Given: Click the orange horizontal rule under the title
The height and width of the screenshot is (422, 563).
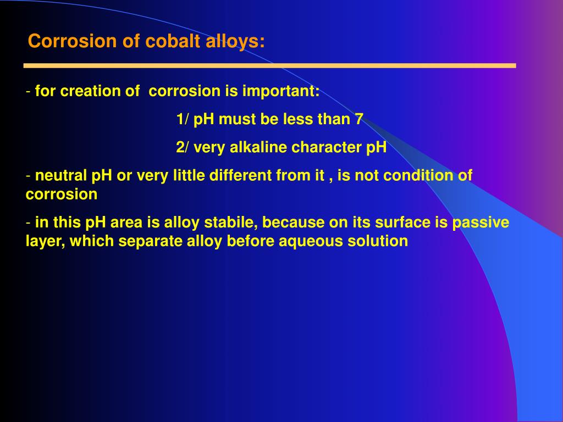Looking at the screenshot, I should click(x=269, y=65).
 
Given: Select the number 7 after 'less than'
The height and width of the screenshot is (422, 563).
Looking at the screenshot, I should click(x=358, y=119).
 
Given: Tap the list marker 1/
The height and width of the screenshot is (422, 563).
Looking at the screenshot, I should click(x=183, y=119).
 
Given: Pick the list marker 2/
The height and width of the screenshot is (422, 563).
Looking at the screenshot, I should click(x=183, y=148).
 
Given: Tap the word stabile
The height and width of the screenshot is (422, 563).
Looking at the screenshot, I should click(x=230, y=223).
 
